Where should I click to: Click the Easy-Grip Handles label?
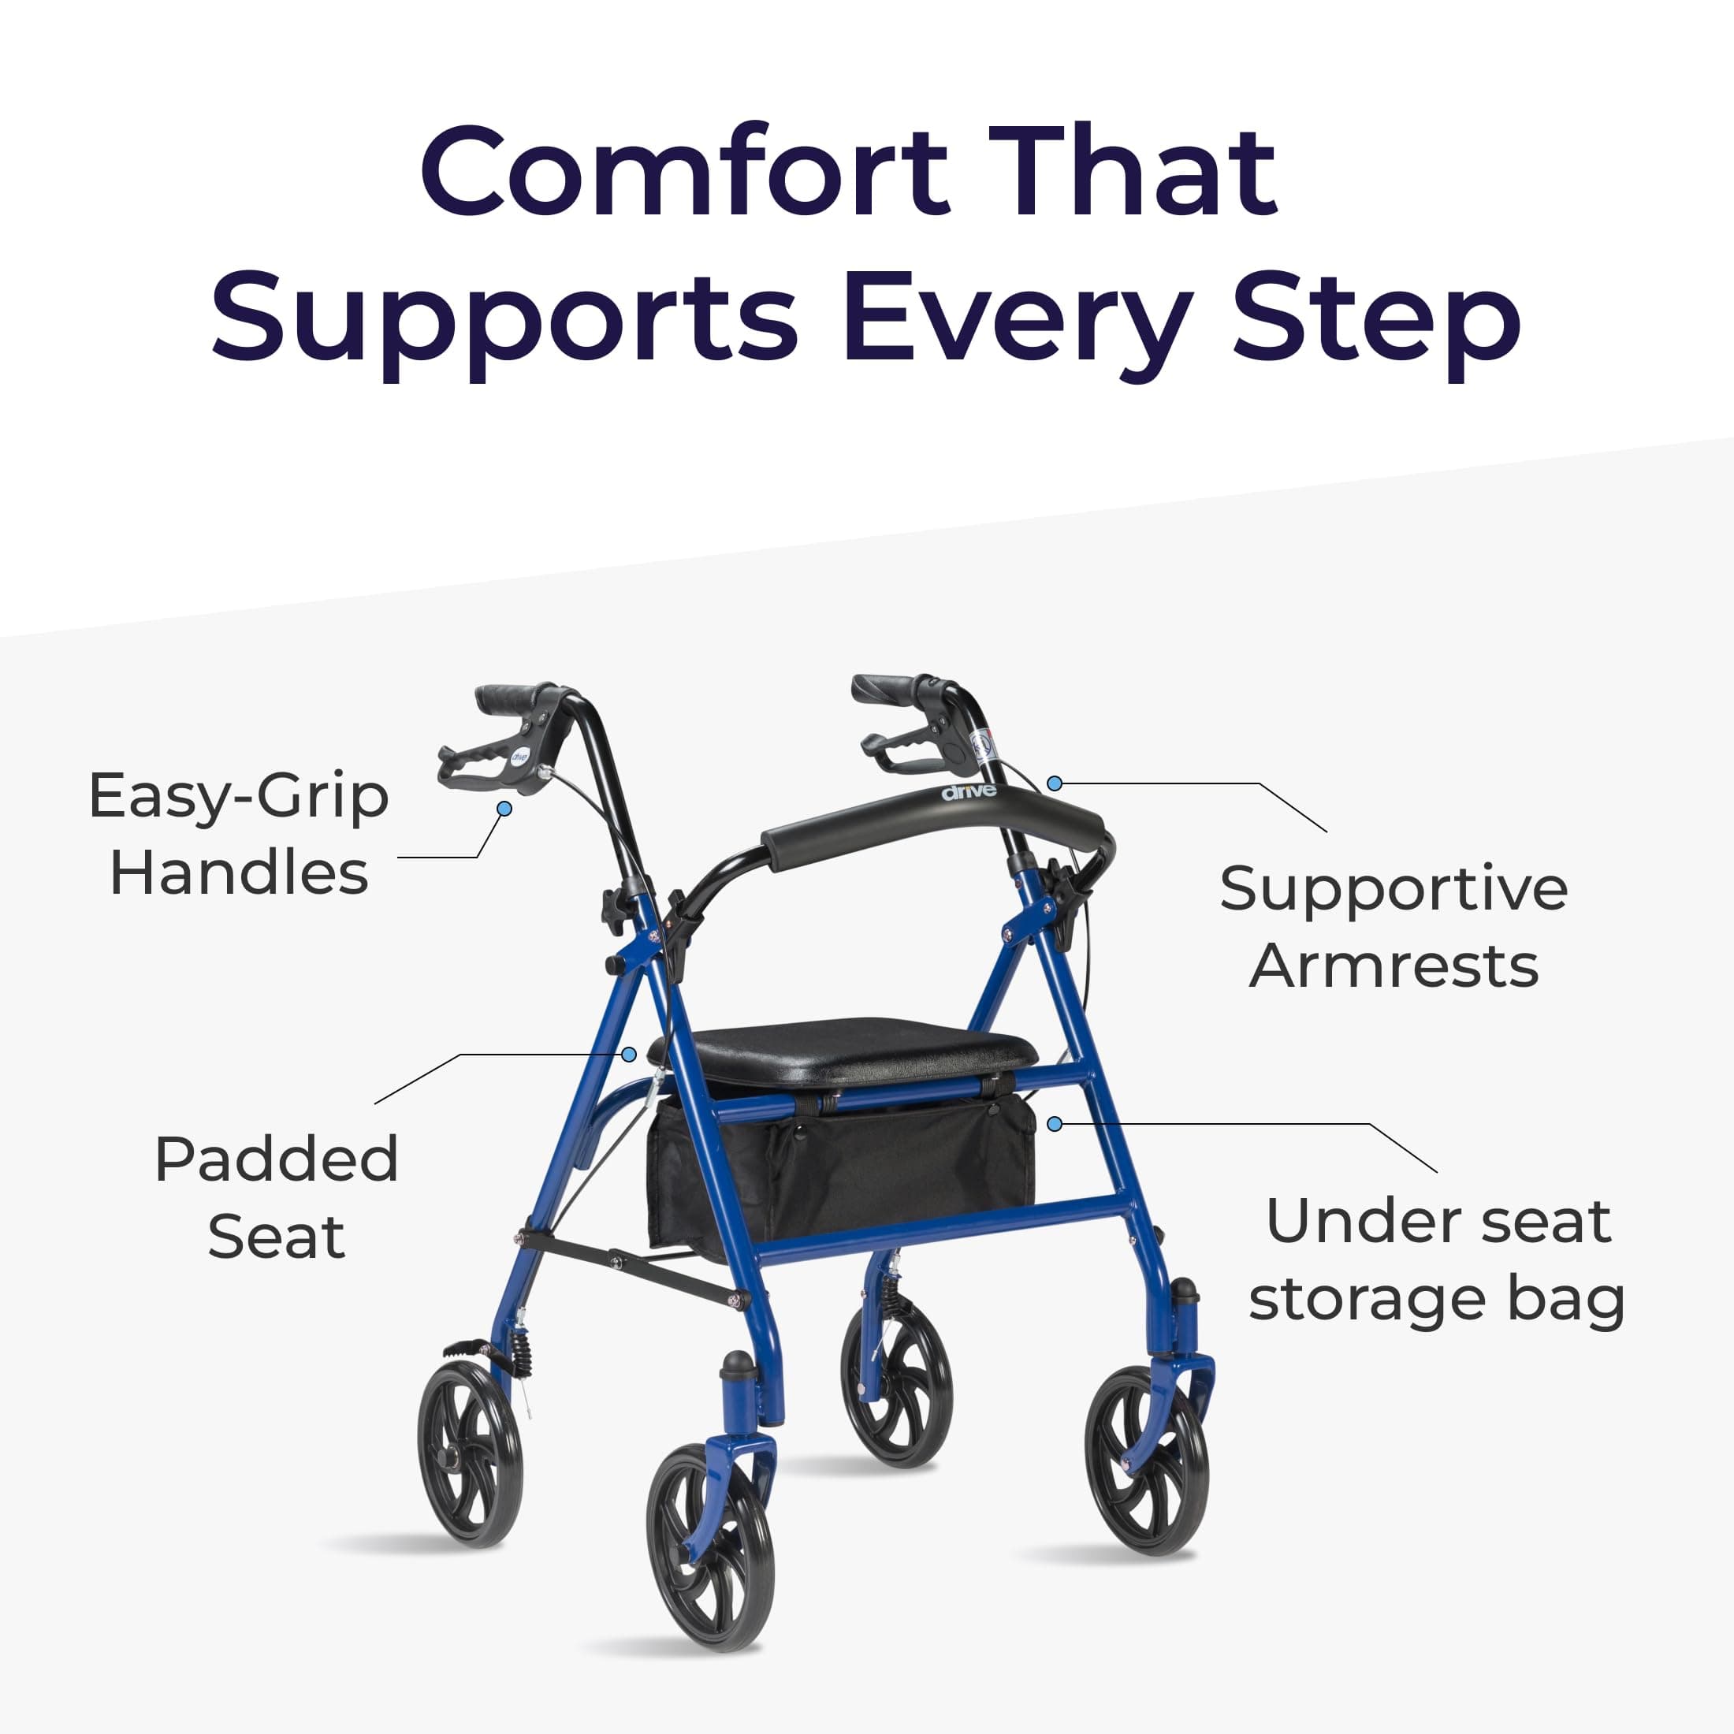pos(239,834)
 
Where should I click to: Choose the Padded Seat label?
pos(277,1197)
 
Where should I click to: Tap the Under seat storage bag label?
pos(1437,1260)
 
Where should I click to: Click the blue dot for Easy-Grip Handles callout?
pos(504,809)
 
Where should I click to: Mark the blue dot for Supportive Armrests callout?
pos(1055,783)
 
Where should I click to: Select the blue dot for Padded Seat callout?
pos(629,1054)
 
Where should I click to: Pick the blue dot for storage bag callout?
pos(1055,1124)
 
